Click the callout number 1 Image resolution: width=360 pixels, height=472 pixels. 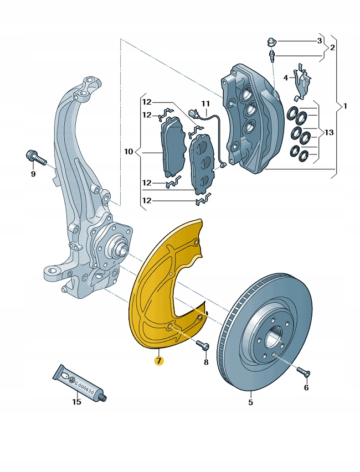click(x=344, y=106)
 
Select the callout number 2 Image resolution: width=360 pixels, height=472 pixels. click(x=332, y=48)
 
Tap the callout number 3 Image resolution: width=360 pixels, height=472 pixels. click(x=319, y=41)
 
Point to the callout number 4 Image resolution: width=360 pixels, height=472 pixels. click(x=286, y=78)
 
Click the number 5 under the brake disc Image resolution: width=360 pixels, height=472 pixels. click(x=250, y=402)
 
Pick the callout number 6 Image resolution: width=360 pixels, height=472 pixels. click(x=306, y=388)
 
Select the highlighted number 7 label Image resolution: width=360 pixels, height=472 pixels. click(x=158, y=361)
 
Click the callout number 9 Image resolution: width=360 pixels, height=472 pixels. click(x=33, y=174)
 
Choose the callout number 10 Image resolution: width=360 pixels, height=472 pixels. click(x=128, y=151)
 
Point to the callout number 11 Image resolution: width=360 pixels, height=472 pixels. click(x=205, y=103)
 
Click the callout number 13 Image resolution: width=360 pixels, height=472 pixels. click(x=329, y=133)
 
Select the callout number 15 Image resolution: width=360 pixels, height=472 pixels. click(x=76, y=402)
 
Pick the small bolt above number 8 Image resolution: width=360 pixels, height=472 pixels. click(x=202, y=345)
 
